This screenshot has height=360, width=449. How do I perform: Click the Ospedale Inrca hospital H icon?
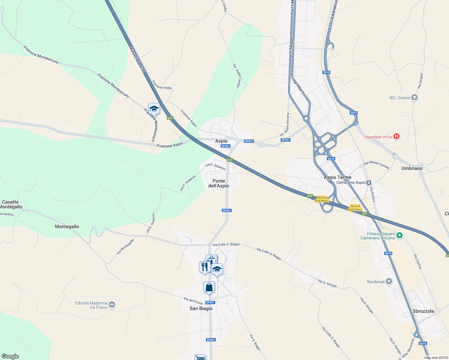(x=396, y=137)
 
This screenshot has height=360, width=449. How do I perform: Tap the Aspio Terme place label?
(x=337, y=177)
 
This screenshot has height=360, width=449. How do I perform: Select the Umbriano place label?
(x=412, y=168)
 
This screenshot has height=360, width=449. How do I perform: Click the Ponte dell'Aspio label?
(x=219, y=183)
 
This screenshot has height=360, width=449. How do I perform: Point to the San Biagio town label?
(x=201, y=308)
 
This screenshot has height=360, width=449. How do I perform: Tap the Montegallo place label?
(x=67, y=226)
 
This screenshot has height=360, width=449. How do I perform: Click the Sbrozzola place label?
(x=423, y=311)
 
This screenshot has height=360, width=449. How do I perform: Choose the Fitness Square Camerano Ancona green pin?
(x=399, y=235)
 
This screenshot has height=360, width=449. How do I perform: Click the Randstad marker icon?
(x=389, y=281)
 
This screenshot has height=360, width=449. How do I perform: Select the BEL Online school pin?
(x=414, y=97)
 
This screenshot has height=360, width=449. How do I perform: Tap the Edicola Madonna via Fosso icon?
(x=112, y=305)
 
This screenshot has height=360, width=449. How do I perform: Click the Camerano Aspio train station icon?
(x=369, y=182)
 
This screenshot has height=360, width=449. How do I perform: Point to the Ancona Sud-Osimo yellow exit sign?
(x=322, y=199)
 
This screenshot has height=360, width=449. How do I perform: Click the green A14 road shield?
(x=230, y=160)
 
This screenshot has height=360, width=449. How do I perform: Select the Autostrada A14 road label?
(x=137, y=59)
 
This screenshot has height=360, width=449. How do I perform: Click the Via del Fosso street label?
(x=193, y=300)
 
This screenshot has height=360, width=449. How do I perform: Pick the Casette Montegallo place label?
(x=11, y=204)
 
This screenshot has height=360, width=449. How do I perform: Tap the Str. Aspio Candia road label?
(x=237, y=76)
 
